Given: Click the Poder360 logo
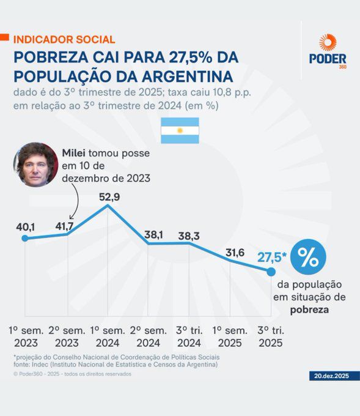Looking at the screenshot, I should point(328,51).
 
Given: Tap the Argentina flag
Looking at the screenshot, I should point(180,130).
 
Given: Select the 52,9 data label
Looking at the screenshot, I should point(108,197).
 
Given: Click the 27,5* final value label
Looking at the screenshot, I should point(271,258).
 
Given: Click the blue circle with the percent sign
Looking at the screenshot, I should point(308,258).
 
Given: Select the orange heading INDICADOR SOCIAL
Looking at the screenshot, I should point(64,39).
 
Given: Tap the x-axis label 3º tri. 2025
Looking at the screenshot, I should point(271,336).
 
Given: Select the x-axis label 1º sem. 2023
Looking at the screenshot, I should point(26,336).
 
